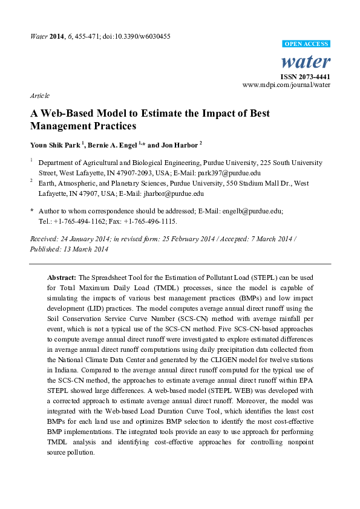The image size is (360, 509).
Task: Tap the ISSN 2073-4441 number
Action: point(306,77)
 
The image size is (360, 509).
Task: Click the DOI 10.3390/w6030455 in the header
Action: point(140,36)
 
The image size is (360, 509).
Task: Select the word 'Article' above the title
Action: point(39,96)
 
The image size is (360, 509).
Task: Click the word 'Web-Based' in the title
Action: point(67,114)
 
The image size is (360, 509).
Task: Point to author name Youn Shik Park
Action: point(54,145)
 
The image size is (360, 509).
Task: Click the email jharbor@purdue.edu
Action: point(172,194)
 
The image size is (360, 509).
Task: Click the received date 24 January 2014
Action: point(88,239)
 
